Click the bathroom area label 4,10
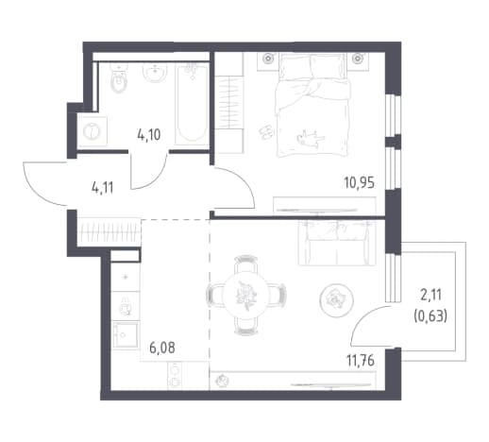click(149, 135)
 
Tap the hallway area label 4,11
click(102, 188)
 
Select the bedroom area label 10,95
click(360, 182)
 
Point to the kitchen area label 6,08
click(162, 348)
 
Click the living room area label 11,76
click(361, 361)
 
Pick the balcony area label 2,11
click(430, 296)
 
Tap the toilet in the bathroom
click(119, 78)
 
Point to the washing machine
click(92, 131)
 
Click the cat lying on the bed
click(311, 138)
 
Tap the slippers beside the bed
click(267, 131)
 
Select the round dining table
click(245, 296)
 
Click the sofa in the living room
click(337, 243)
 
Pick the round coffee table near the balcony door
click(336, 299)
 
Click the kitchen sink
click(126, 306)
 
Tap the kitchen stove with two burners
click(175, 376)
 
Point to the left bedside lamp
click(268, 59)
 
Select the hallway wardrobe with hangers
click(109, 232)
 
